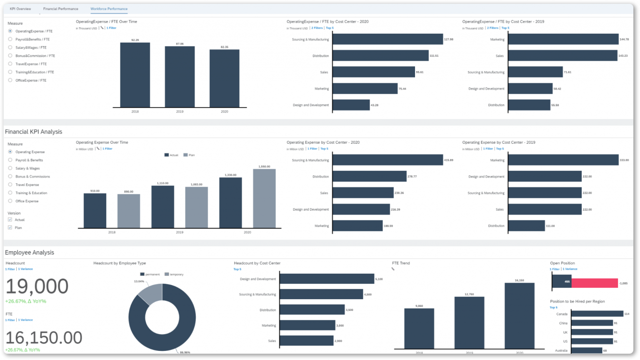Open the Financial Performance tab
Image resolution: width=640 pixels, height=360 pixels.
pos(60,9)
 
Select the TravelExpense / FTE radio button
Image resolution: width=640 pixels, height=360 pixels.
pos(10,64)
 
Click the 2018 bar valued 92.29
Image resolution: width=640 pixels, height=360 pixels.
pos(135,75)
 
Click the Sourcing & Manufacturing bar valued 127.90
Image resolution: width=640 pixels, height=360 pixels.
pos(387,39)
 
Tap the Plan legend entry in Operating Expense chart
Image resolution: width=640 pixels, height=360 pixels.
pos(189,155)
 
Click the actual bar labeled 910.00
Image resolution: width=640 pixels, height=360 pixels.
pos(95,211)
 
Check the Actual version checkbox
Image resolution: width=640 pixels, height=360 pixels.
pos(10,220)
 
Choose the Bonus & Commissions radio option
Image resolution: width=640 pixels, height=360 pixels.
pos(10,176)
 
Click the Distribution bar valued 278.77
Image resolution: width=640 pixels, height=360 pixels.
pos(369,176)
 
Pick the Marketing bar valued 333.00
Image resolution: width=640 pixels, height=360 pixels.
pos(563,160)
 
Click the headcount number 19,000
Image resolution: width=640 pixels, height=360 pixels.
pos(37,287)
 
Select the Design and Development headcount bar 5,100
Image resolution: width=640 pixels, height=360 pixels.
pos(327,279)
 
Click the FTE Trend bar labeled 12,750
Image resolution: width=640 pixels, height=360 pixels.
pos(469,322)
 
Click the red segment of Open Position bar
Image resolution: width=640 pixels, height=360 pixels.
pos(594,283)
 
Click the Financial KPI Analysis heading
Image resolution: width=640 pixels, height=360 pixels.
pos(34,132)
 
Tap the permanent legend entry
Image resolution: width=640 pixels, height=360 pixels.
pos(150,274)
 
